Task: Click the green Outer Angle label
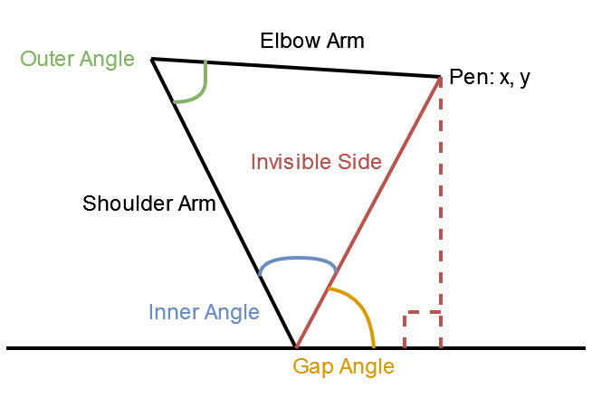(77, 60)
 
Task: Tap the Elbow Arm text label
(311, 41)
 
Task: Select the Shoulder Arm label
(149, 203)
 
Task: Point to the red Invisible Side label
(316, 163)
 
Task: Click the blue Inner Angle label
(204, 313)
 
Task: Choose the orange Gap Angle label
(343, 367)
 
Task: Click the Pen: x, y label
(490, 78)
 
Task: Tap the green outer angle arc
(200, 90)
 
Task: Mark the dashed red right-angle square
(422, 329)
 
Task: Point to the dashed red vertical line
(441, 208)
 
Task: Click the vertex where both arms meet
(152, 60)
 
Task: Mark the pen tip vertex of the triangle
(439, 77)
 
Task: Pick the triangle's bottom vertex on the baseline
(295, 346)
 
